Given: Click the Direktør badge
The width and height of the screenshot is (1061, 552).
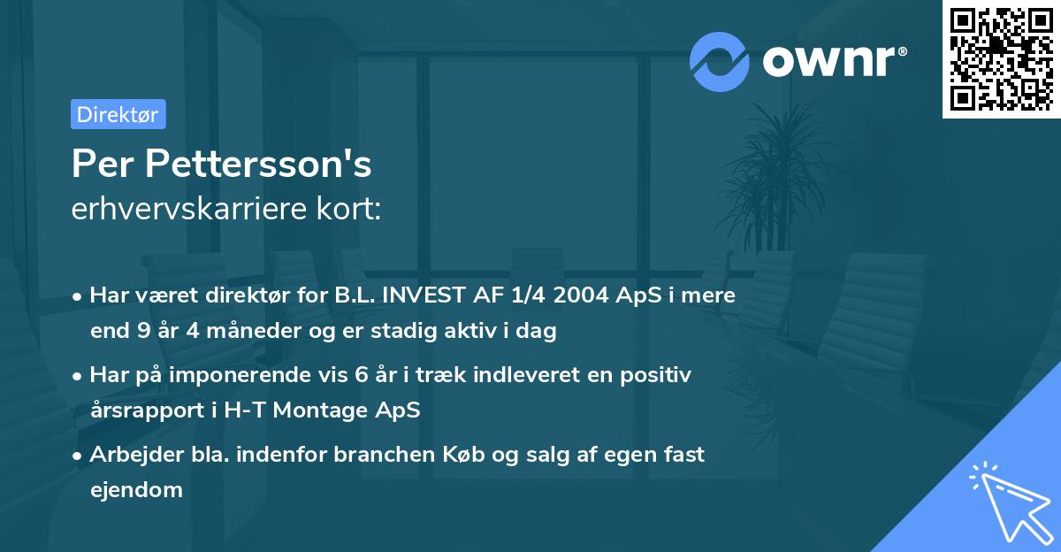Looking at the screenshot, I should [x=118, y=114].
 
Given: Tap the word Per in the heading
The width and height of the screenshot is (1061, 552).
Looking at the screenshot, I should [x=103, y=165].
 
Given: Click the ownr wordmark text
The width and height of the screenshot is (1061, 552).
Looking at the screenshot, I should [x=832, y=61].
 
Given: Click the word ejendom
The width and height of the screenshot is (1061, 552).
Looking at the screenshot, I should [x=136, y=489].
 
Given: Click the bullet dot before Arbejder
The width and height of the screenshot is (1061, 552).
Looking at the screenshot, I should [x=79, y=456].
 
